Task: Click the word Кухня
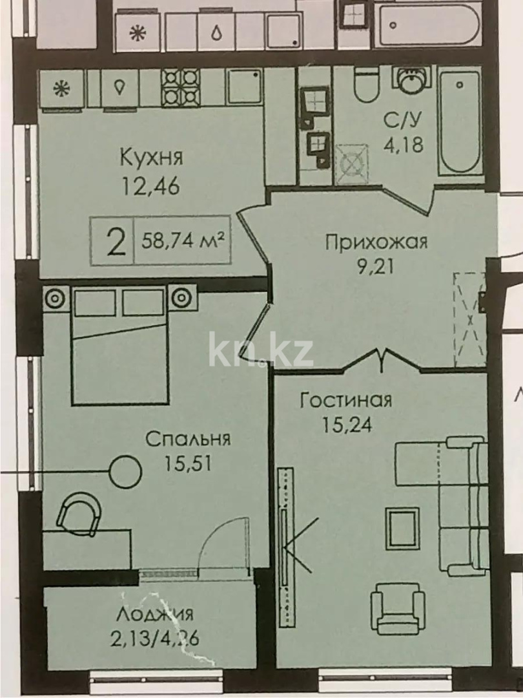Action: point(152,157)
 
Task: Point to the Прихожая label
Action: point(376,242)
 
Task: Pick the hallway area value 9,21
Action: point(376,266)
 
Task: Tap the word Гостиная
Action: point(346,400)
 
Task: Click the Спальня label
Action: point(188,439)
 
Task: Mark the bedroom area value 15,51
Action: point(188,463)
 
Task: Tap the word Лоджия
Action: point(156,614)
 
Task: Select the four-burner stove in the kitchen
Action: point(180,87)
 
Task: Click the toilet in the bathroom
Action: point(366,86)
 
